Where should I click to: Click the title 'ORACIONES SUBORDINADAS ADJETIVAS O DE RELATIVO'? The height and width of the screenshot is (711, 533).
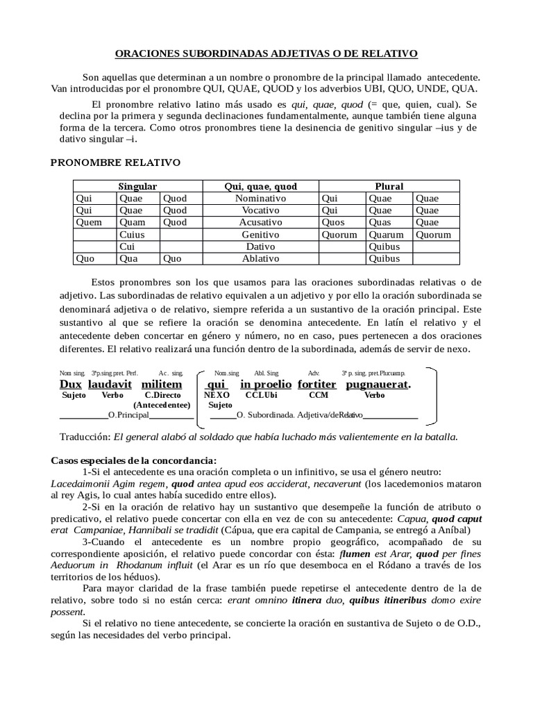click(x=266, y=53)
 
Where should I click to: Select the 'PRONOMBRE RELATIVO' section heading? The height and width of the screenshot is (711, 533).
click(x=116, y=162)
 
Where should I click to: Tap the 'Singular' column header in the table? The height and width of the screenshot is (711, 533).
click(x=137, y=186)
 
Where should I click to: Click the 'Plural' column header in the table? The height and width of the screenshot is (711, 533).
click(x=389, y=186)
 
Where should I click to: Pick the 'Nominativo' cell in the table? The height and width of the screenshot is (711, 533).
click(x=260, y=198)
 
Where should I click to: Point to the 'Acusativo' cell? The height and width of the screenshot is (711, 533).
click(x=260, y=222)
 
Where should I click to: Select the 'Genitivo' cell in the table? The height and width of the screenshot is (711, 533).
click(x=260, y=235)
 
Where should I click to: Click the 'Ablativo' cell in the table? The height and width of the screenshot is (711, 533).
click(x=260, y=258)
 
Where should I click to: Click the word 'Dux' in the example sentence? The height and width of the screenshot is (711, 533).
click(x=71, y=384)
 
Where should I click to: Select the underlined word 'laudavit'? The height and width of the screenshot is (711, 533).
click(x=110, y=384)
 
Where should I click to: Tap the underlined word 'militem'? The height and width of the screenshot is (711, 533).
click(x=162, y=384)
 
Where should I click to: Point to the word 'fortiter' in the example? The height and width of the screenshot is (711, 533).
click(x=317, y=384)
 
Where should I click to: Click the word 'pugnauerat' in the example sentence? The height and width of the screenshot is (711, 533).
click(x=378, y=384)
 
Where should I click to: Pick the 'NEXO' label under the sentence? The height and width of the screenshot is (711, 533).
click(x=217, y=394)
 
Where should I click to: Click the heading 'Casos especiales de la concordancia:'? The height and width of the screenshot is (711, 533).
click(x=134, y=461)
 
